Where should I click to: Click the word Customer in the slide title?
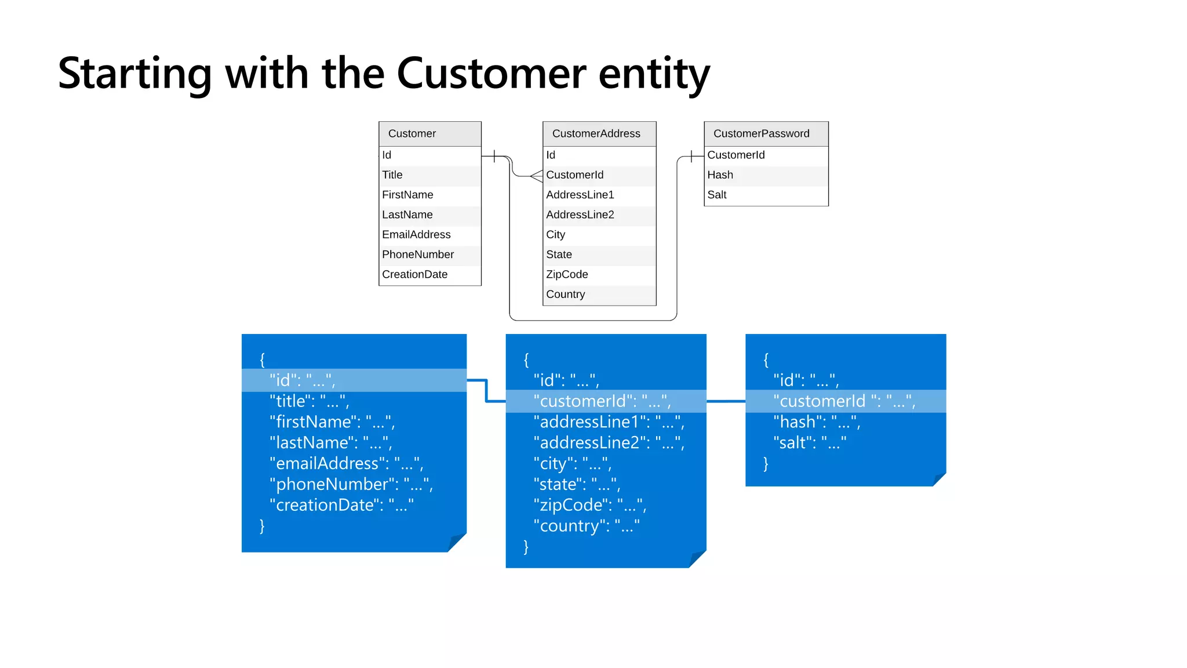pos(491,74)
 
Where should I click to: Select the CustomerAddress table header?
pos(596,133)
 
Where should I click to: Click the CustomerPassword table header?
pos(761,133)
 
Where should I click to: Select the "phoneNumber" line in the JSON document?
pos(351,484)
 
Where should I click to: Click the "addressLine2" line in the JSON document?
pos(609,443)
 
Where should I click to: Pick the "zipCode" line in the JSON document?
pos(589,505)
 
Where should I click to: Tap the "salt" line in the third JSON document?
pos(809,443)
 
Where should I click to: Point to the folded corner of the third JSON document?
pos(939,479)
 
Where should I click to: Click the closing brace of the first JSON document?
pos(262,526)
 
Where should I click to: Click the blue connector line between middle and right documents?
pos(726,401)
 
